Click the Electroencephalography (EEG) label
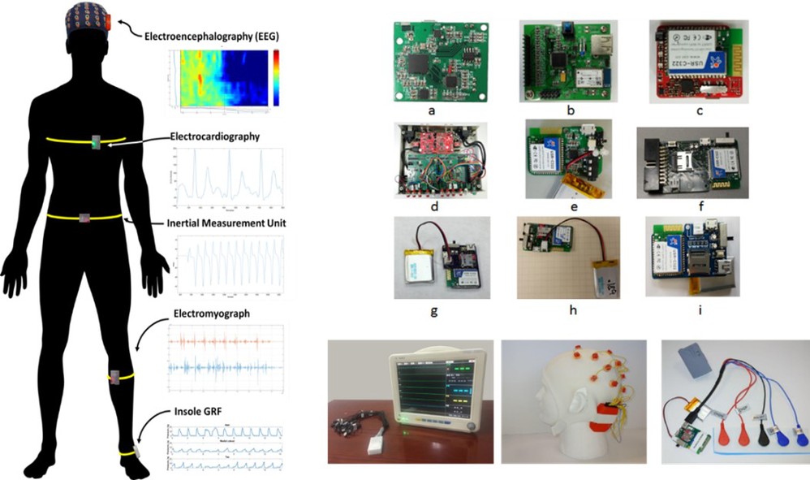pyautogui.click(x=215, y=36)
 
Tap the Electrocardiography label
pyautogui.click(x=215, y=136)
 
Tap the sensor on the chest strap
pyautogui.click(x=96, y=143)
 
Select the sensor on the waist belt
pyautogui.click(x=84, y=217)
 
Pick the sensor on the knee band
pyautogui.click(x=115, y=377)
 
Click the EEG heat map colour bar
pyautogui.click(x=277, y=78)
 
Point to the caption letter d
pyautogui.click(x=435, y=206)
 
